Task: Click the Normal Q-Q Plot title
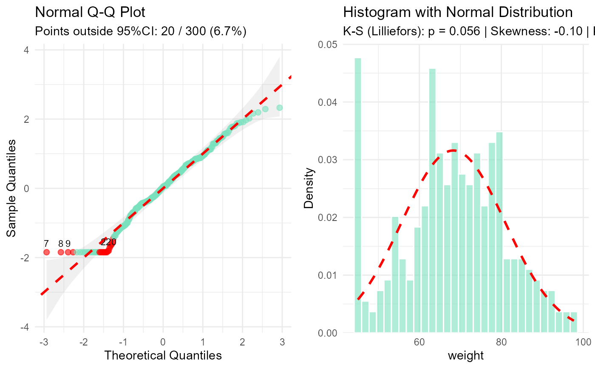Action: click(x=90, y=12)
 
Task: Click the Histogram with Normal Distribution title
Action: click(x=458, y=12)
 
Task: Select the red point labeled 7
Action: click(x=46, y=252)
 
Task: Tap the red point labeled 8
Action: click(x=61, y=252)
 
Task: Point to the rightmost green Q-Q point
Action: click(x=279, y=108)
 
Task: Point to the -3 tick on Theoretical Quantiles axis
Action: click(x=44, y=343)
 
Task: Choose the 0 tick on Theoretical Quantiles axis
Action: click(x=163, y=343)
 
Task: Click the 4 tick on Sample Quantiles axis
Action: click(x=26, y=50)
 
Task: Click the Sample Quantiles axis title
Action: click(x=12, y=188)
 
